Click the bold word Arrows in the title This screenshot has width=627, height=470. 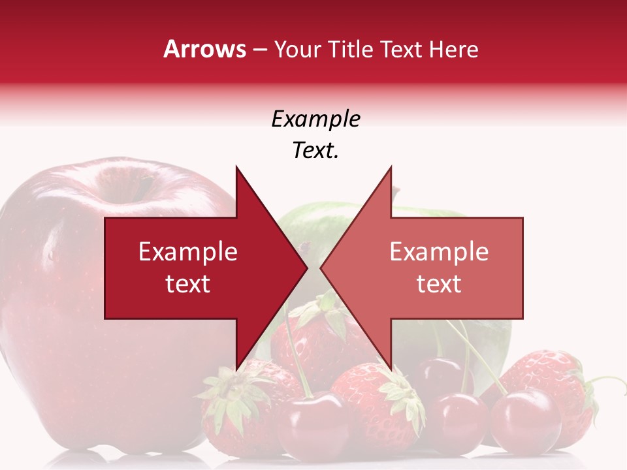pyautogui.click(x=205, y=49)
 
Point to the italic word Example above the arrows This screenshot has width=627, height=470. pyautogui.click(x=315, y=119)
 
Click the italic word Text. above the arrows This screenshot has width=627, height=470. pyautogui.click(x=315, y=151)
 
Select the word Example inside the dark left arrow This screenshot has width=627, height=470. pyautogui.click(x=188, y=252)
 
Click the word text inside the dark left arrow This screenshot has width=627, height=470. pyautogui.click(x=188, y=284)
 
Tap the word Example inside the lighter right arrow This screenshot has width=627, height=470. pyautogui.click(x=439, y=252)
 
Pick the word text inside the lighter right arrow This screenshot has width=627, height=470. pyautogui.click(x=439, y=284)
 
